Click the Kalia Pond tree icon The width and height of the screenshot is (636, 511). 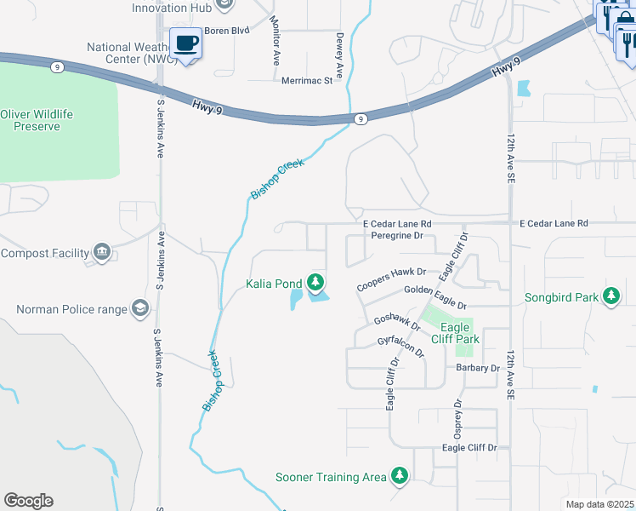pyautogui.click(x=315, y=282)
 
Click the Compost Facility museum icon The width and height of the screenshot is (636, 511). pyautogui.click(x=102, y=252)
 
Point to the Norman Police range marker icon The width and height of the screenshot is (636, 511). pyautogui.click(x=139, y=309)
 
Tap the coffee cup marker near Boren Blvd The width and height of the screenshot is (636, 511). pyautogui.click(x=185, y=43)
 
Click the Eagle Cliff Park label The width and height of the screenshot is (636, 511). pyautogui.click(x=459, y=333)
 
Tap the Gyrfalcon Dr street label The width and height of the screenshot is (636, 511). pyautogui.click(x=400, y=347)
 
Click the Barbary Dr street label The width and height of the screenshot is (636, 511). pyautogui.click(x=477, y=368)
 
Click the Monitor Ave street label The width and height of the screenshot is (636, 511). pyautogui.click(x=275, y=40)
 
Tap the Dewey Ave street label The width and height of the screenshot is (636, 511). pyautogui.click(x=338, y=55)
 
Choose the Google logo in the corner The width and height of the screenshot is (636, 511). pyautogui.click(x=28, y=501)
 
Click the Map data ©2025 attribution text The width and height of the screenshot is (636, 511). pyautogui.click(x=599, y=504)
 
